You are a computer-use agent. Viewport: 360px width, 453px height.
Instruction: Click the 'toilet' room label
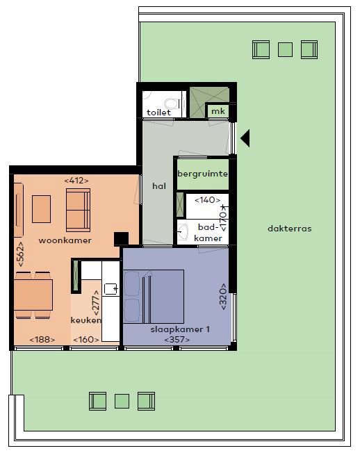tap(159, 112)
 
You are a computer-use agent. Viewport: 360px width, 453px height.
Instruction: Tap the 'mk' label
tap(218, 111)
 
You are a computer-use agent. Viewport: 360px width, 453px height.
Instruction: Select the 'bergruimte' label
tap(202, 174)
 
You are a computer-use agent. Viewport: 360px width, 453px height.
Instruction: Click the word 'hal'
tap(158, 186)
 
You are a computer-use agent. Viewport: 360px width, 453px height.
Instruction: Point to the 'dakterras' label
tap(289, 229)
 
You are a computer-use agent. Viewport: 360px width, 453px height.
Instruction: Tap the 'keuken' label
tap(86, 320)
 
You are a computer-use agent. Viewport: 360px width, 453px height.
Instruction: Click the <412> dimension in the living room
tap(76, 181)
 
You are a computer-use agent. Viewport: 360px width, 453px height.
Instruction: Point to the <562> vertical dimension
tap(21, 254)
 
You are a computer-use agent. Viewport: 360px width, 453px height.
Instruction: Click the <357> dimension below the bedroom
tap(177, 339)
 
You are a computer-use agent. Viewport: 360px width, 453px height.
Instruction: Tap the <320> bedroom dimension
tap(224, 297)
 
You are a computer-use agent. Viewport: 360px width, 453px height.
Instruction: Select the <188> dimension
tap(43, 339)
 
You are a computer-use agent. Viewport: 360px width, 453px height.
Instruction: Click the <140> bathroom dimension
tap(207, 200)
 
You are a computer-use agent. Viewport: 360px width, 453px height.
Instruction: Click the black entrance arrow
tap(245, 139)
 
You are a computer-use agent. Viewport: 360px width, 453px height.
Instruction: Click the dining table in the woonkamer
tap(34, 295)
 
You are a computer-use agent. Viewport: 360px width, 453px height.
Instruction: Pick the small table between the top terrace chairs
tap(285, 49)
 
